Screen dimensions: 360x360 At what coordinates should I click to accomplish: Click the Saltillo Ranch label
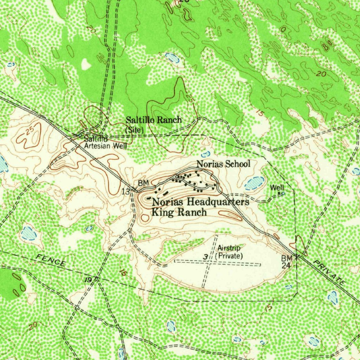tap(154, 120)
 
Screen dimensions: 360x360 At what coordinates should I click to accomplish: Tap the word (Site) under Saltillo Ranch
tap(135, 129)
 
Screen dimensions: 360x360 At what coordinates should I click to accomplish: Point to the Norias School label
tap(223, 163)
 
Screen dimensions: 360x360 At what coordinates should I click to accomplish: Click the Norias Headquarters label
tap(200, 202)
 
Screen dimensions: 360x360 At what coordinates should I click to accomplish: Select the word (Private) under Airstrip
tap(229, 256)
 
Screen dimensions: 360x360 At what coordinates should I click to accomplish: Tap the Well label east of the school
tap(277, 188)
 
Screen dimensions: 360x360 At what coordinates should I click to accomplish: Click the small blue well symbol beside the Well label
tap(283, 193)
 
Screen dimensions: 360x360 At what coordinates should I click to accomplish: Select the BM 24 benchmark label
tap(286, 262)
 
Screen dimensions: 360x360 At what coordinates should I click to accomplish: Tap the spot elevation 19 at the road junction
tap(88, 279)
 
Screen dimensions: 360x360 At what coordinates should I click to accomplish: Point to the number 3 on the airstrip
tap(205, 257)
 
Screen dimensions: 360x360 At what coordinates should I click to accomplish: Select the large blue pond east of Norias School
tap(255, 182)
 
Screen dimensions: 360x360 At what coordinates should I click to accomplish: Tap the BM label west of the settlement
tap(143, 183)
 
